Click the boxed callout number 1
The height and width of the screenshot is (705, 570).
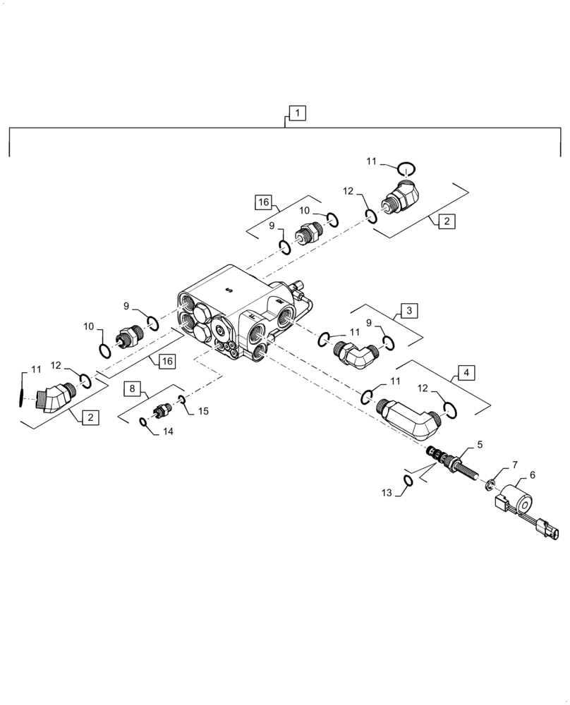[x=297, y=113]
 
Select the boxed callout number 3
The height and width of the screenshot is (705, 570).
[x=410, y=310]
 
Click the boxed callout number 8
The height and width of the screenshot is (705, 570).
[x=133, y=388]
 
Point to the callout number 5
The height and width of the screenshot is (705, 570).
[x=480, y=445]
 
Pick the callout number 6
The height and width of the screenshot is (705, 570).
[x=532, y=476]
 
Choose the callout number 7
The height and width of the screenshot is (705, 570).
[x=514, y=465]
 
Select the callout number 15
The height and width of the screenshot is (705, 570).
[x=203, y=410]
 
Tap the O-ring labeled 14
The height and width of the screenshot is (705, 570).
[x=143, y=422]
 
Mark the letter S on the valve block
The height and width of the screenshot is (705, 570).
[x=228, y=289]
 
